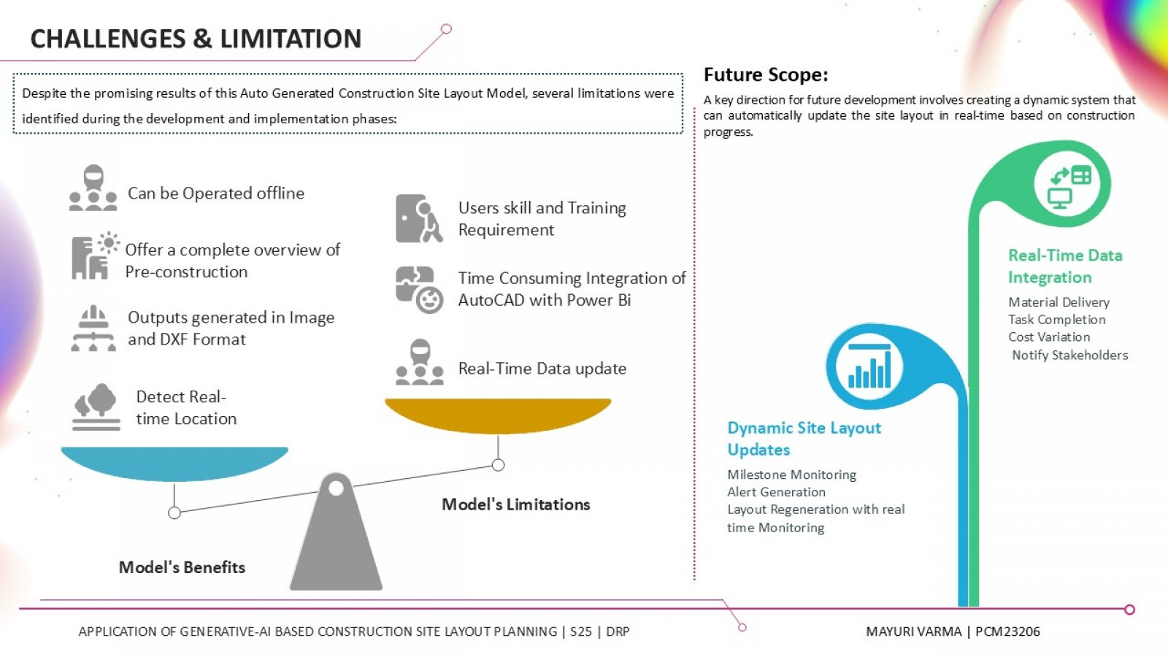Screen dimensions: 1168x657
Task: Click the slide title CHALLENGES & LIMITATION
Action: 196,39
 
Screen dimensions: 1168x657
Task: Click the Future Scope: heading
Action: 766,75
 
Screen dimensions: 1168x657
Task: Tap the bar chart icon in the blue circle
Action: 869,366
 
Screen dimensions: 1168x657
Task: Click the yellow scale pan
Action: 498,415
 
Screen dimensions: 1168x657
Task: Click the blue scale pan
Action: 174,463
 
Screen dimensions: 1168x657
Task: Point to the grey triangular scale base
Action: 337,532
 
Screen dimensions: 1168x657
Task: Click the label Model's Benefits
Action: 182,567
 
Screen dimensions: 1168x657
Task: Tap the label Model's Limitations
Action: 515,504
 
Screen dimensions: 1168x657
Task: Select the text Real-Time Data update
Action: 542,369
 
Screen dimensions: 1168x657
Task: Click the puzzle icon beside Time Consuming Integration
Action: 419,290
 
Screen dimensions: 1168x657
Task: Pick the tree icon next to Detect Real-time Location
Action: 96,407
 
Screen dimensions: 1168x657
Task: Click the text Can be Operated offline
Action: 216,193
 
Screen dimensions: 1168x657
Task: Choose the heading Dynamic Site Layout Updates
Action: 804,439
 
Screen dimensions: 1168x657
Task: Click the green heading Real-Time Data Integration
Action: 1065,266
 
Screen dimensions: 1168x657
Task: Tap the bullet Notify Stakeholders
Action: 1070,355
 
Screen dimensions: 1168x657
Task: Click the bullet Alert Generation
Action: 777,492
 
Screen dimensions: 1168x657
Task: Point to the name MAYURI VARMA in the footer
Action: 913,631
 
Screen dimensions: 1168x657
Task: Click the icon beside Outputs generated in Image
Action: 93,328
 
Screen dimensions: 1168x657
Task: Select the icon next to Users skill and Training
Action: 419,218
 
